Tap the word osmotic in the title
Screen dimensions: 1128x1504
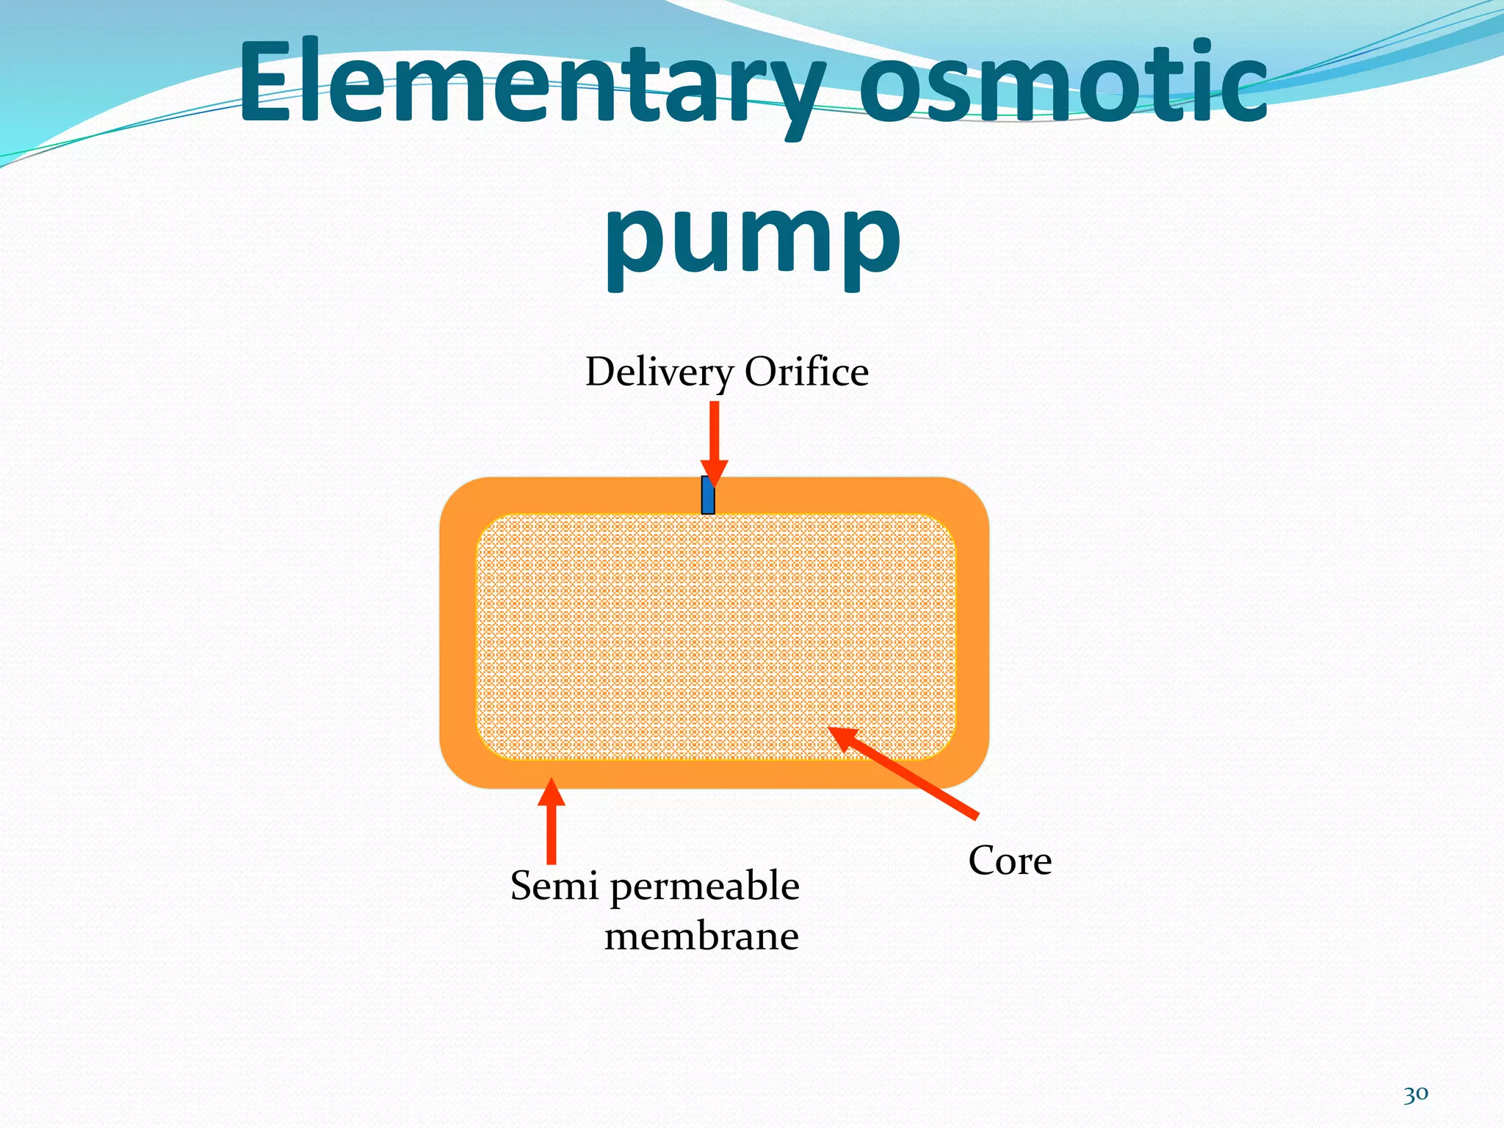coord(1063,82)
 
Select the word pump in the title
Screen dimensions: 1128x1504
coord(752,239)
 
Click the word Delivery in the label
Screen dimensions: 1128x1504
coord(658,372)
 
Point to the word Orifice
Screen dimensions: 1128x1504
coord(806,372)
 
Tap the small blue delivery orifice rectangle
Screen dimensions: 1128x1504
coord(708,496)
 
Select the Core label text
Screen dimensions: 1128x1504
coord(1010,861)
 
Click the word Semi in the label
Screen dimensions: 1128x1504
coord(554,886)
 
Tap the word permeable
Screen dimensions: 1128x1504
coord(704,887)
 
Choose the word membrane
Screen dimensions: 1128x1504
coord(701,937)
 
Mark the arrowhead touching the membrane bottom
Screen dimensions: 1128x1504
coord(552,792)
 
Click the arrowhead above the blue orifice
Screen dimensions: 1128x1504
coord(714,472)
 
